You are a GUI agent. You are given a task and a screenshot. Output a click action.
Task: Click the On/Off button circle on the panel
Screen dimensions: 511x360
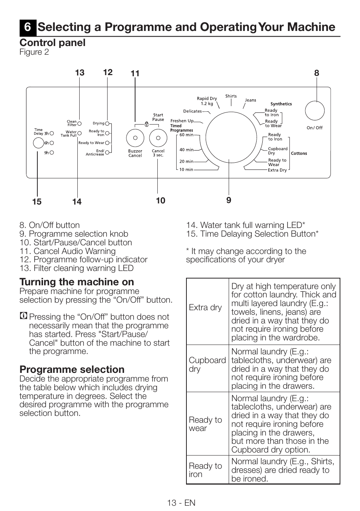coord(315,111)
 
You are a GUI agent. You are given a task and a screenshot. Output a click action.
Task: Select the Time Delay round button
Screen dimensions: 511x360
coord(38,143)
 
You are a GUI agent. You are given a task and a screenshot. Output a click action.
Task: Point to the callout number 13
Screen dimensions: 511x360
coord(80,73)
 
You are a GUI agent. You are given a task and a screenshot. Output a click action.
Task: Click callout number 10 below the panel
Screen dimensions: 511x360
coord(160,201)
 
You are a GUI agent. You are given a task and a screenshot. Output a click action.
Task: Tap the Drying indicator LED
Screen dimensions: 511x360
coord(107,123)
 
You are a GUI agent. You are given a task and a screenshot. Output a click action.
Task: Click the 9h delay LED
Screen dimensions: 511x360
coord(52,153)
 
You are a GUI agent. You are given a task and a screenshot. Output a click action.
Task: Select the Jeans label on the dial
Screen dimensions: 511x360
coord(251,100)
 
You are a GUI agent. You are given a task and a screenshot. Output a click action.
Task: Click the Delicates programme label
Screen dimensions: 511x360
coord(192,111)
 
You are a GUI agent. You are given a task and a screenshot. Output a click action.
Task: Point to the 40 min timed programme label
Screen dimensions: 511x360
coord(186,150)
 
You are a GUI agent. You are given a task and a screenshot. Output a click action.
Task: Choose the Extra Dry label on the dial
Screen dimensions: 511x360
coord(277,170)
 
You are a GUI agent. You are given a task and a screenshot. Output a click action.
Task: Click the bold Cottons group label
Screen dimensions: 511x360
coord(299,154)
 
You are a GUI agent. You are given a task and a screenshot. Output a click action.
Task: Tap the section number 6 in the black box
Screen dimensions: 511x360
coord(28,27)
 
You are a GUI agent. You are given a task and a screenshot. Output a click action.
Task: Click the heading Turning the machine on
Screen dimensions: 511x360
coord(77,282)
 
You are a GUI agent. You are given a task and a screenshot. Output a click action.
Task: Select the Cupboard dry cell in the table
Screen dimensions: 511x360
coord(207,365)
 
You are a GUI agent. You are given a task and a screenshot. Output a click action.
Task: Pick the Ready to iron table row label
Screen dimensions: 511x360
coord(205,470)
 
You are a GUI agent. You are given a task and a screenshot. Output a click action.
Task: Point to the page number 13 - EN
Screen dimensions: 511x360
coord(181,503)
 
